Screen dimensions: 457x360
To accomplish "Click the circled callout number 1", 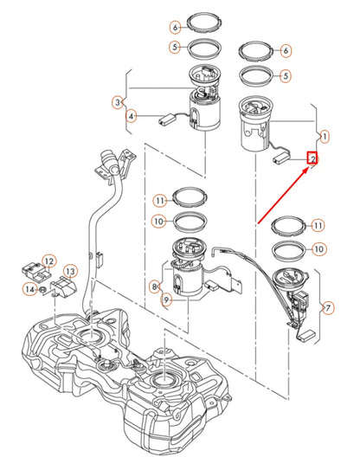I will [325, 136].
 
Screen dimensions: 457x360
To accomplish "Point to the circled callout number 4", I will [131, 115].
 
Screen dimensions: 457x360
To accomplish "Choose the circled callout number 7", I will [327, 307].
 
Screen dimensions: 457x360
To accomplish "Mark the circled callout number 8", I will [156, 286].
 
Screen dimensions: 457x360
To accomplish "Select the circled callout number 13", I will [70, 272].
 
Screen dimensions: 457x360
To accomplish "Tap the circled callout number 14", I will [29, 288].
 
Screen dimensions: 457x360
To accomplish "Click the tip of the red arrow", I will [309, 170].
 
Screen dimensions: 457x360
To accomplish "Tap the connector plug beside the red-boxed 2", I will [281, 158].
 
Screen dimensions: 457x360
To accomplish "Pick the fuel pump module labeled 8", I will [186, 275].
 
